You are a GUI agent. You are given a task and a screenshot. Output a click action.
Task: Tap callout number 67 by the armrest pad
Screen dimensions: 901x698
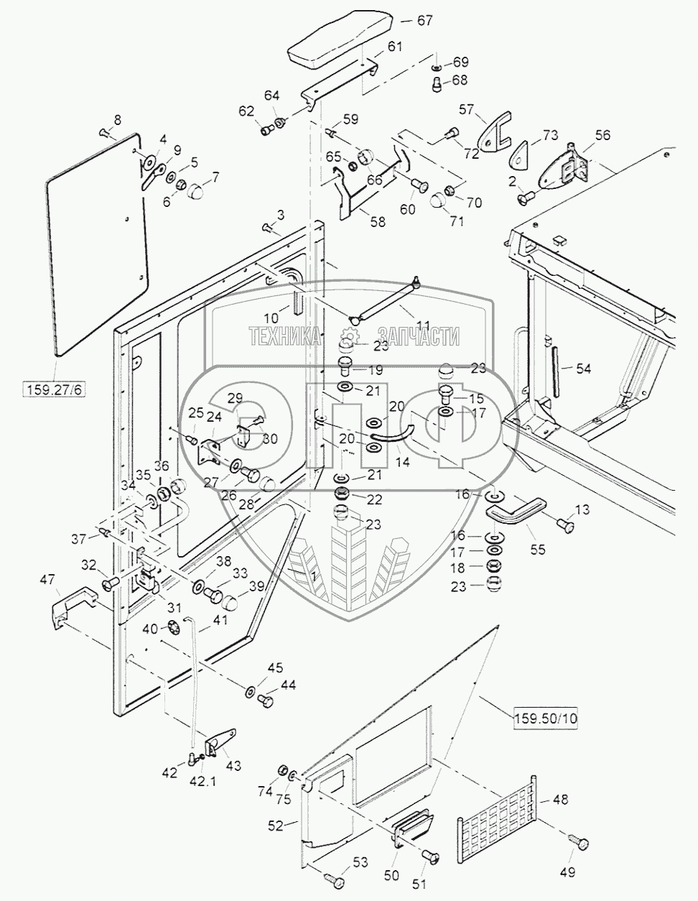coord(424,20)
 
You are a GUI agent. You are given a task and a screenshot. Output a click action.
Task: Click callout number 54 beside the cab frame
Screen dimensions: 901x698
coord(583,369)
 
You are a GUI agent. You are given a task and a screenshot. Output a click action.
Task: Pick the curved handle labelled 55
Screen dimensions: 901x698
coord(511,517)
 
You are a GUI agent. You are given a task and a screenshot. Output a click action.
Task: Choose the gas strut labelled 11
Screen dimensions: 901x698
coord(384,299)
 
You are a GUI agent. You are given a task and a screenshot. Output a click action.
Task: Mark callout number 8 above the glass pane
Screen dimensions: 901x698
coord(117,120)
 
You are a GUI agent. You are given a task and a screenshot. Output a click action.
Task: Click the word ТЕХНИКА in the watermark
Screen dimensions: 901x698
coord(284,336)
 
